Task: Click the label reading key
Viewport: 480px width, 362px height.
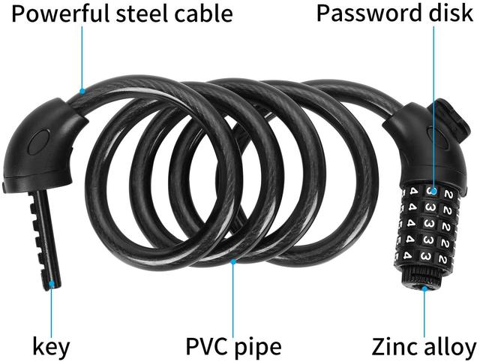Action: coord(51,346)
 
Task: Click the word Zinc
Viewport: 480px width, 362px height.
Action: coord(394,346)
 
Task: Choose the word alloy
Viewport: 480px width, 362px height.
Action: coord(451,346)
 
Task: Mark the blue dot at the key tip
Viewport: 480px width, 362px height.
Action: coord(51,284)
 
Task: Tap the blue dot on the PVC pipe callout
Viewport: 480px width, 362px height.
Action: coord(234,262)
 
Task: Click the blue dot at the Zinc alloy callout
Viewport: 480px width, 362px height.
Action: coord(424,286)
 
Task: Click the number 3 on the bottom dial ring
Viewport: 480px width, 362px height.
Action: coord(424,257)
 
